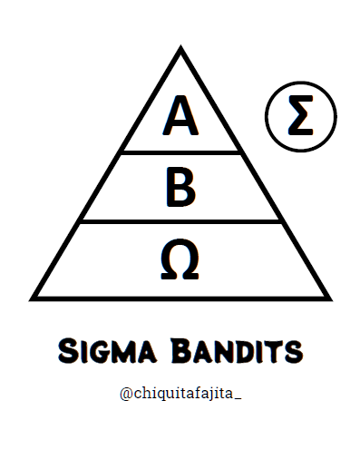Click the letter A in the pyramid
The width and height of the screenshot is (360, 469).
[180, 115]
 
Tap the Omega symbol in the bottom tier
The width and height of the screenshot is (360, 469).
[180, 259]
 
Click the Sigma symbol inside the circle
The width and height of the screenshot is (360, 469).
[300, 117]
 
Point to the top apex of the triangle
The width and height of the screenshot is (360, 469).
[180, 51]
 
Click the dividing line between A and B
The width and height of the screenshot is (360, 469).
[180, 151]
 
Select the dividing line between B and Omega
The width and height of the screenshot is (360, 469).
[180, 220]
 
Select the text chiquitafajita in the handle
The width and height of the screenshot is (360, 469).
[181, 393]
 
